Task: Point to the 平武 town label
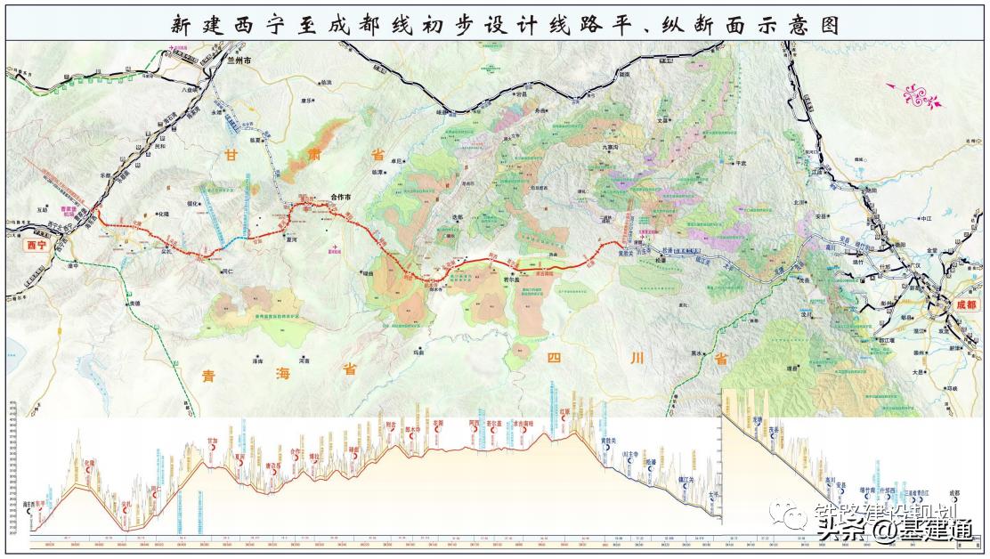(x=736, y=163)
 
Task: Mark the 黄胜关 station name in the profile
(x=609, y=440)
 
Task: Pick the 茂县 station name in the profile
(x=774, y=429)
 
